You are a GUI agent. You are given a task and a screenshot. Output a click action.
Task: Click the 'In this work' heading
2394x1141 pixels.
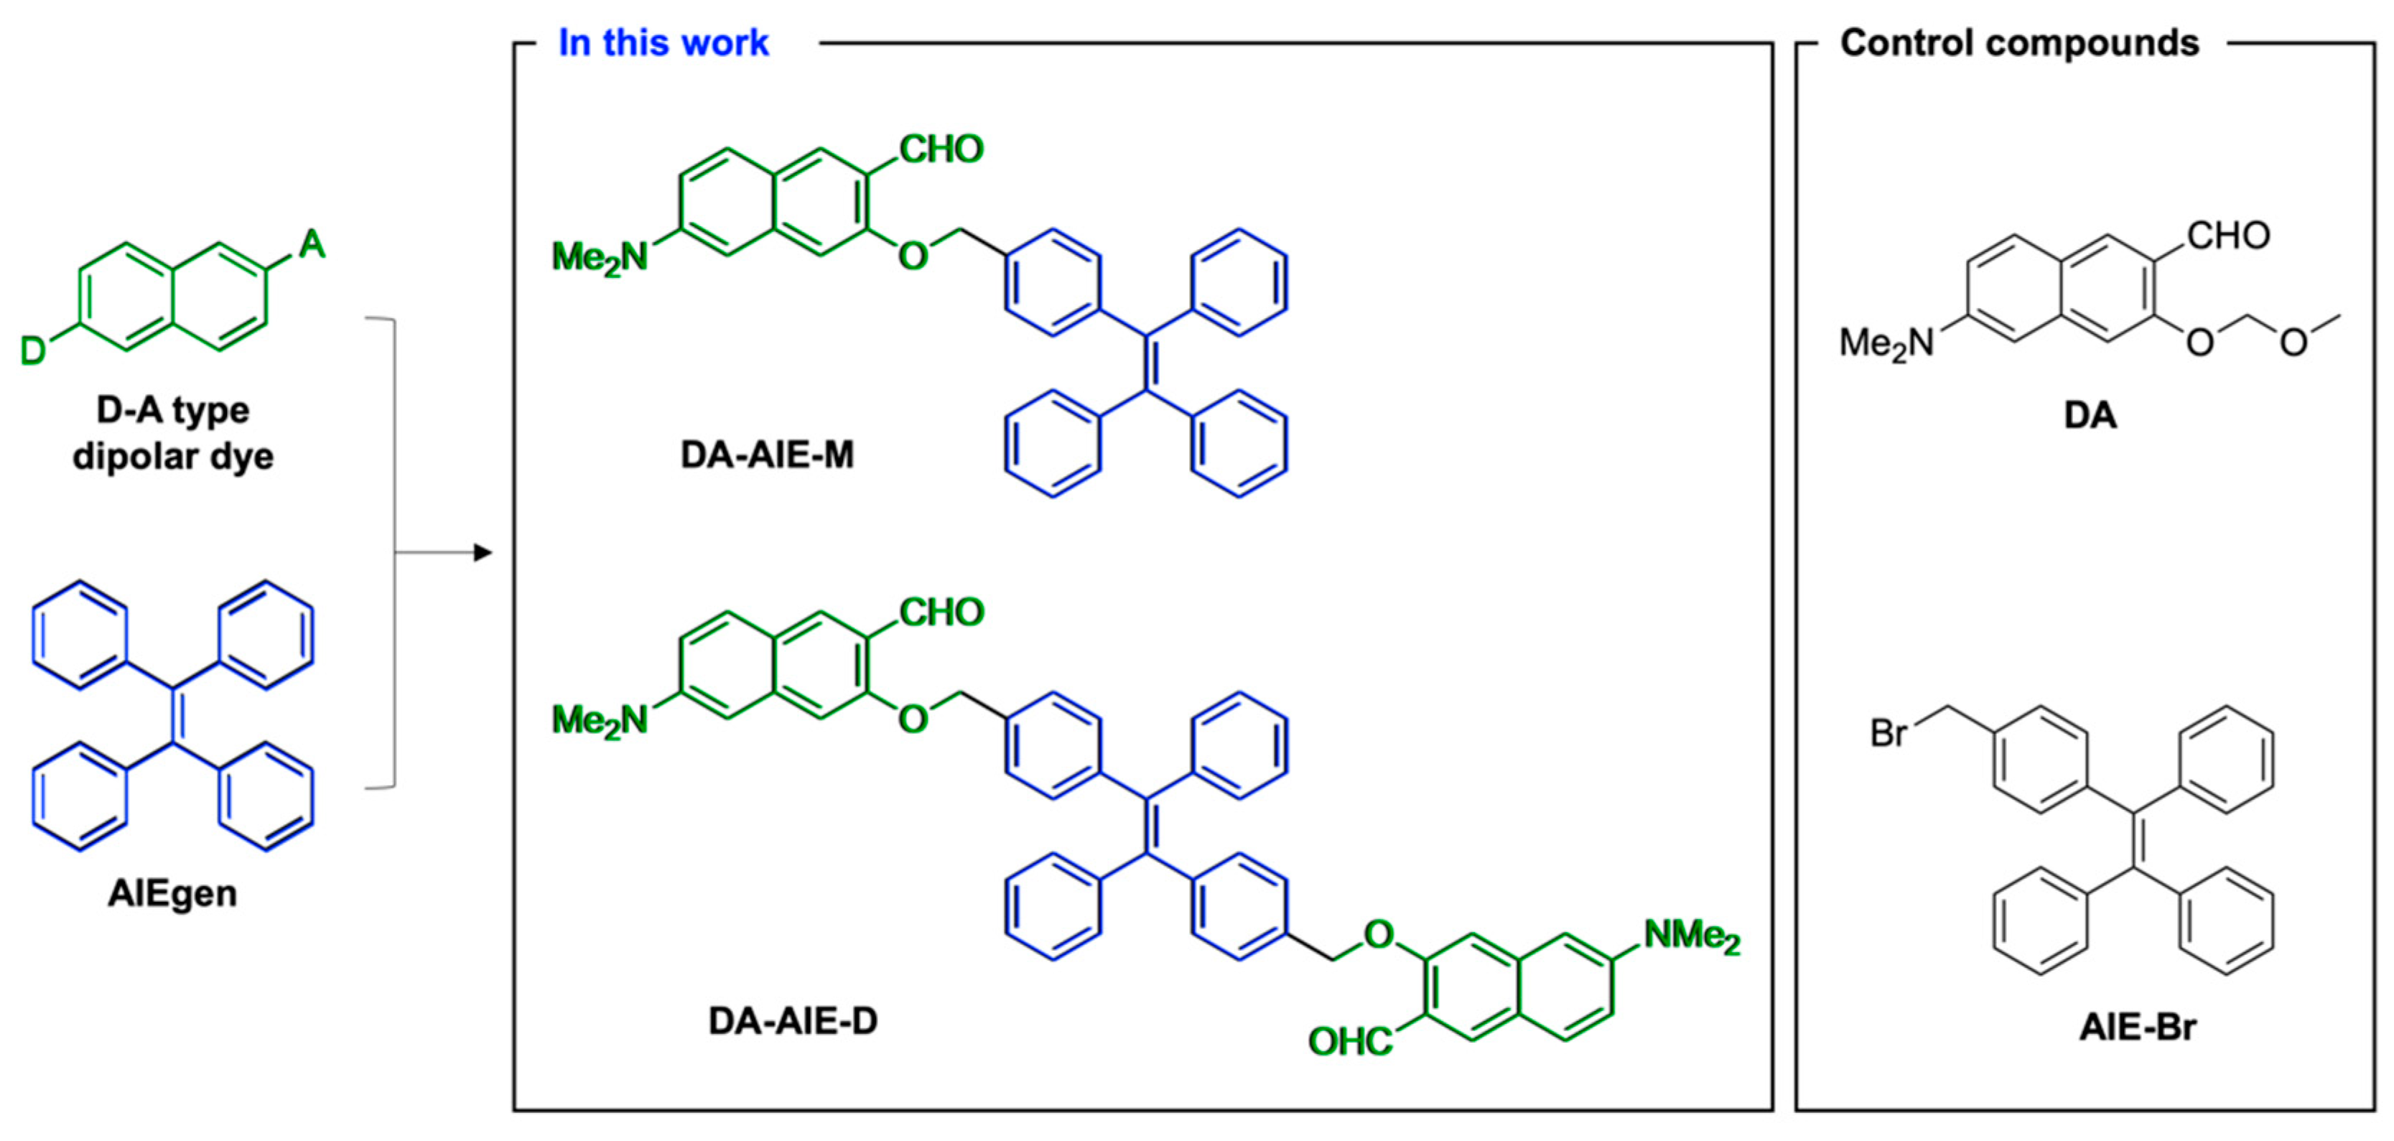coord(663,43)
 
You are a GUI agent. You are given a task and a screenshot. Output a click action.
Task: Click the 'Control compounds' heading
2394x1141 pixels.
coord(2018,43)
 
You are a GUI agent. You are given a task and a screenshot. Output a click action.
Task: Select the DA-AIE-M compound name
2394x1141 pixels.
coord(767,455)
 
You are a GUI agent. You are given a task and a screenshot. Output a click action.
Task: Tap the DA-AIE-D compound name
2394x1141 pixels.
coord(792,1020)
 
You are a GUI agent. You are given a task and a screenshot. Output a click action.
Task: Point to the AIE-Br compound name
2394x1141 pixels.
coord(2138,1027)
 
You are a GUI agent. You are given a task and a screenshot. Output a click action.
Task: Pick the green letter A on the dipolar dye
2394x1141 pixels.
coord(312,244)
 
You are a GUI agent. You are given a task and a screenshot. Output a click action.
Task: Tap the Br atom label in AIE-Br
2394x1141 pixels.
coord(1888,733)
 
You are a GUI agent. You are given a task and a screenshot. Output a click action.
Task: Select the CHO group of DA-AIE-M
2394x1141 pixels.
coord(941,149)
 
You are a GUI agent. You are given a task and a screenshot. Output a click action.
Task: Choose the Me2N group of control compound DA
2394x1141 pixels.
coord(1886,344)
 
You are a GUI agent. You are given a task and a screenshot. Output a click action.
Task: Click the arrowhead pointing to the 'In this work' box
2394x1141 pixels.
coord(483,553)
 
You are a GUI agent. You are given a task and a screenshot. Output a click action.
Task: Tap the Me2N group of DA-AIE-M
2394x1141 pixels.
coord(600,257)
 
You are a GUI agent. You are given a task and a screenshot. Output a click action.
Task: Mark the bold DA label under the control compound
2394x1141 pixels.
coord(2090,414)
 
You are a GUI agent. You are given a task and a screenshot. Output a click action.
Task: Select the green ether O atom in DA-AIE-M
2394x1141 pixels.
coord(913,256)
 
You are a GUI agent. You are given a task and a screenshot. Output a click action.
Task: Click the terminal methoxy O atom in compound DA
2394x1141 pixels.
coord(2293,343)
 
